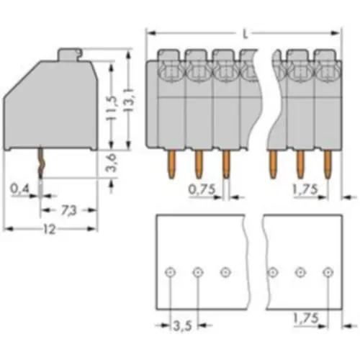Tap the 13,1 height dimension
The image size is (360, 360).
click(x=128, y=99)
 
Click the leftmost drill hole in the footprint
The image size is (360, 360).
click(x=170, y=272)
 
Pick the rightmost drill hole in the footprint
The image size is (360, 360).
click(x=328, y=272)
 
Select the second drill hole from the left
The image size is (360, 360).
click(x=198, y=272)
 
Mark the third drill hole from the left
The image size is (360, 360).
click(x=225, y=272)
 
